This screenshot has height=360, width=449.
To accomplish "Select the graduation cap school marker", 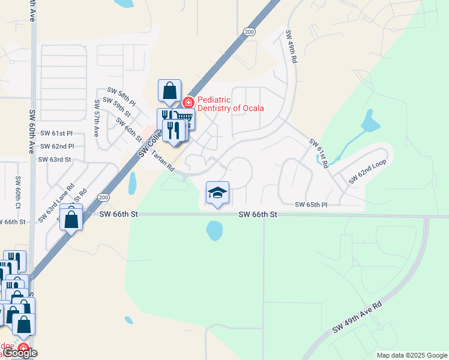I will [217, 193].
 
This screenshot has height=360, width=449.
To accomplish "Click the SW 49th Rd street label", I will [292, 49].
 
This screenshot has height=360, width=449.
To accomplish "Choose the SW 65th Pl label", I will [311, 205].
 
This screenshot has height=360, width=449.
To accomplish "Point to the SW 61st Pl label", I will [56, 133].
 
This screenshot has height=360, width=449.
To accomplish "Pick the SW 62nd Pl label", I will [57, 146].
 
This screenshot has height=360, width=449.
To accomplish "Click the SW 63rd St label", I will [55, 160].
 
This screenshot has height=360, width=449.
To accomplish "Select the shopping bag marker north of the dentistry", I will [170, 91].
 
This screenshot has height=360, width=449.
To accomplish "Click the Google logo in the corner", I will [19, 353].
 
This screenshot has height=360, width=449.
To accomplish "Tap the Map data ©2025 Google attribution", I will [411, 355].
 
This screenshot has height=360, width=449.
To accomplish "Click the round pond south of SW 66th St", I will [214, 229].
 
